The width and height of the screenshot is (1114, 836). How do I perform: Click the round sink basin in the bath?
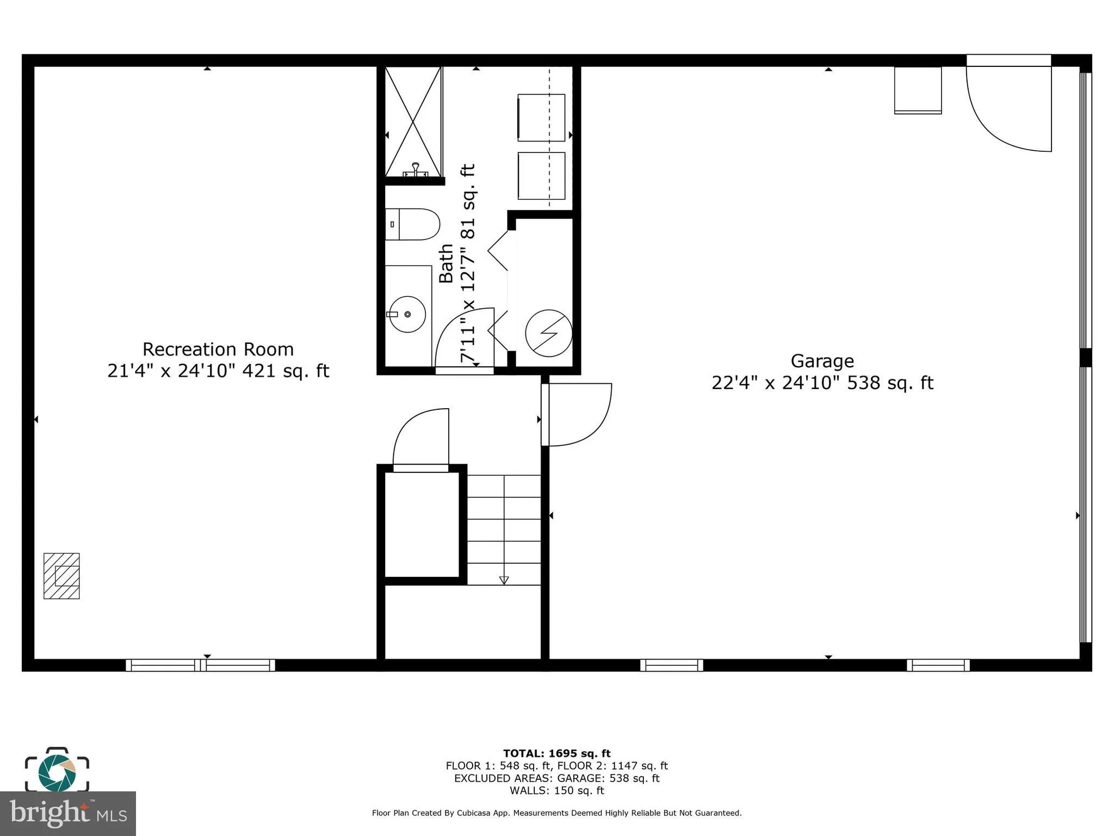[407, 314]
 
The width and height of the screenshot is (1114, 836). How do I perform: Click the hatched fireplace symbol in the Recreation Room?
[61, 576]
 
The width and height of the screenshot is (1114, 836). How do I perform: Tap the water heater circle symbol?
[548, 333]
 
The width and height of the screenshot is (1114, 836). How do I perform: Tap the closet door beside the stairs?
[421, 440]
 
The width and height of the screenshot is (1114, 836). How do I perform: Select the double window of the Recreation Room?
[200, 665]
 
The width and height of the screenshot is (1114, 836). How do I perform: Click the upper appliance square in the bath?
[541, 118]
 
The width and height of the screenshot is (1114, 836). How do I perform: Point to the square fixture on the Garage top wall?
[918, 90]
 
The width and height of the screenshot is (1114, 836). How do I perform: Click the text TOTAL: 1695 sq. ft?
[556, 753]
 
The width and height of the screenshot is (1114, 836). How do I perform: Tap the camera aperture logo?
[57, 772]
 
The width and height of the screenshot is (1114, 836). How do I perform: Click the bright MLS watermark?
[67, 813]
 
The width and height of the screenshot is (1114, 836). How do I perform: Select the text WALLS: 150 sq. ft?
[556, 790]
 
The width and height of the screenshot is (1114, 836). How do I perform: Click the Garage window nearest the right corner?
[938, 665]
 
